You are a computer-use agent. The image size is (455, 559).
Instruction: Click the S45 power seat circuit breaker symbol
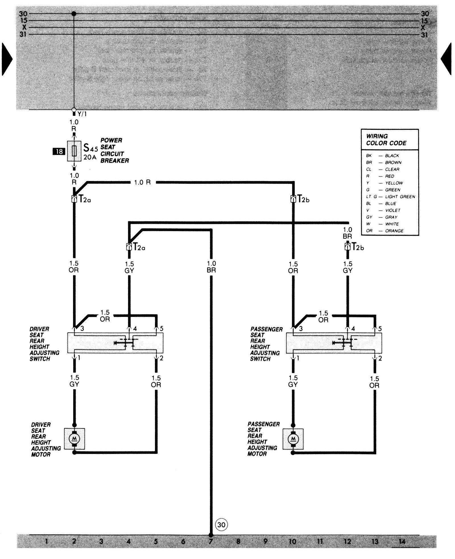pyautogui.click(x=74, y=151)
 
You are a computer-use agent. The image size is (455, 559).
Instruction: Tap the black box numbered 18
pyautogui.click(x=59, y=151)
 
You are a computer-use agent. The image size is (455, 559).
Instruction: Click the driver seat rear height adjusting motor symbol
pyautogui.click(x=75, y=439)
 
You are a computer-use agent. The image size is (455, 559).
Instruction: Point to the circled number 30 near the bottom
pyautogui.click(x=221, y=524)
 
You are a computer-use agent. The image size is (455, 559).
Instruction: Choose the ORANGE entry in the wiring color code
pyautogui.click(x=394, y=231)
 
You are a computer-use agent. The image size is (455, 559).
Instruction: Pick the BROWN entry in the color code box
pyautogui.click(x=393, y=162)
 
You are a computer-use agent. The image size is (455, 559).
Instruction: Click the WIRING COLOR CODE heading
pyautogui.click(x=386, y=140)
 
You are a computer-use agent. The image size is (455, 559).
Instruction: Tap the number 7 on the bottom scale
pyautogui.click(x=211, y=541)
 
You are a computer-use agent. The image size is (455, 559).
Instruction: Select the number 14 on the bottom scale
pyautogui.click(x=402, y=541)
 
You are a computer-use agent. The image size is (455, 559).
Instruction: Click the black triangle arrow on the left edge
pyautogui.click(x=7, y=59)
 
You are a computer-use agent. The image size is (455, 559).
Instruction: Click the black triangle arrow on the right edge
pyautogui.click(x=446, y=59)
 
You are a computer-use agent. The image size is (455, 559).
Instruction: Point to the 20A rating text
pyautogui.click(x=90, y=157)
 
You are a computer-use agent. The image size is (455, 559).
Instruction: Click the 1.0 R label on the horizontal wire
pyautogui.click(x=142, y=182)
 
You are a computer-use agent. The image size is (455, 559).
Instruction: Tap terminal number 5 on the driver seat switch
pyautogui.click(x=162, y=329)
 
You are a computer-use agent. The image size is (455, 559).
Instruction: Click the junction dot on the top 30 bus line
pyautogui.click(x=74, y=14)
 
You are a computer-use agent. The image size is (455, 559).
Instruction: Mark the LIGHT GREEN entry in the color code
pyautogui.click(x=400, y=197)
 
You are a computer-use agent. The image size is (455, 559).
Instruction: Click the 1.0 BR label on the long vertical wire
pyautogui.click(x=211, y=267)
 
